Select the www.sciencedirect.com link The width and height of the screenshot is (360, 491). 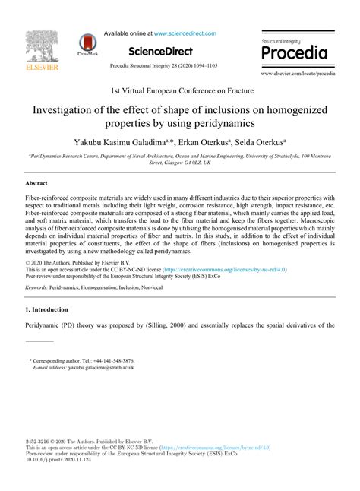185,33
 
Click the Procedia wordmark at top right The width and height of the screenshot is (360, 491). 294,53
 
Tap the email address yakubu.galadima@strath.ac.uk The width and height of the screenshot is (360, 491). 91,366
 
